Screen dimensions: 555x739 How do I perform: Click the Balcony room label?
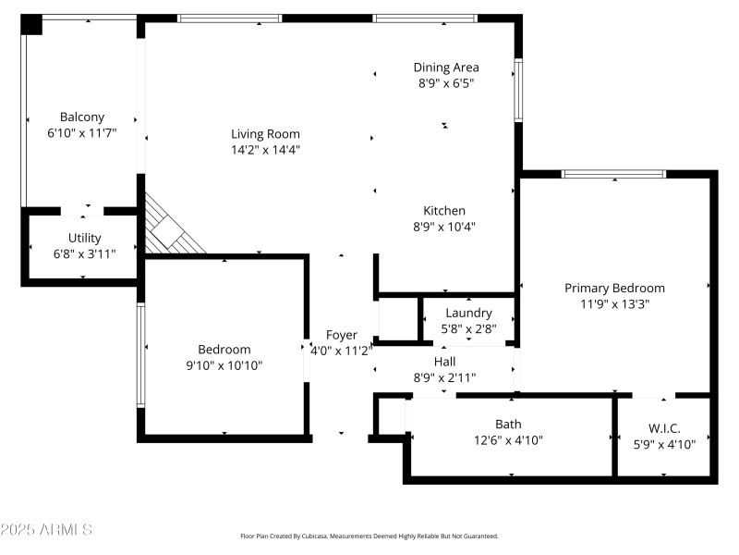(x=82, y=117)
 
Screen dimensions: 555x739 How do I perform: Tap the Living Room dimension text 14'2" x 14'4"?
(x=265, y=149)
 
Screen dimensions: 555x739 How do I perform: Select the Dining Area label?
(x=445, y=67)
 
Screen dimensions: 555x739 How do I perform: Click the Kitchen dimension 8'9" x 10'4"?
(x=444, y=226)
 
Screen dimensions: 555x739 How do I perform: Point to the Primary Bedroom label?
(x=614, y=288)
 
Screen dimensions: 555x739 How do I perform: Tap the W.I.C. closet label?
(x=664, y=428)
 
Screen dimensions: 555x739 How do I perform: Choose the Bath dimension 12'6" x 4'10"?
(x=508, y=440)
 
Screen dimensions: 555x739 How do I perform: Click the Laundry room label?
(x=468, y=313)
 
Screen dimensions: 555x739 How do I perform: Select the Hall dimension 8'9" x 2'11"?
(x=444, y=376)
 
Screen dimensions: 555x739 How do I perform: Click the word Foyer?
(x=341, y=335)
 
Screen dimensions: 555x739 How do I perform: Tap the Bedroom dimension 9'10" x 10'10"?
(x=224, y=364)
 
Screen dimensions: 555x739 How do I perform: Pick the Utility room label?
(x=84, y=238)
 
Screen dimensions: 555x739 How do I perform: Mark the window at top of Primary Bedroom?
(x=613, y=173)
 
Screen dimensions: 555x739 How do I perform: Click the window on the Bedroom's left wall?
(x=140, y=355)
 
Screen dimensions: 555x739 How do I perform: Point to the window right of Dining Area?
(x=518, y=90)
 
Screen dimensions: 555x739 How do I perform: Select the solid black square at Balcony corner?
(x=32, y=25)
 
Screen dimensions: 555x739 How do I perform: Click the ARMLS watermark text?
(x=46, y=530)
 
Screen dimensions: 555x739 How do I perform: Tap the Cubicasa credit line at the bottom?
(x=369, y=536)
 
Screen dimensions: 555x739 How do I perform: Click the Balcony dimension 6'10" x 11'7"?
(x=82, y=132)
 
